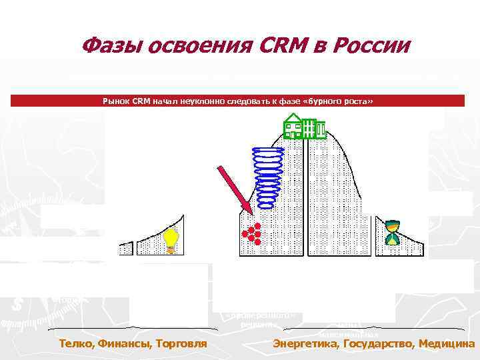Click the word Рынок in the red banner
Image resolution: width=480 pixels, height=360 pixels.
tap(117, 101)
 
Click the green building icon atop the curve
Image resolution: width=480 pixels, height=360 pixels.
tap(304, 126)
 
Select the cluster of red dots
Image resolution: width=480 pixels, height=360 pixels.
tap(250, 232)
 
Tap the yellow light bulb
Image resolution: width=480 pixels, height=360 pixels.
tap(171, 240)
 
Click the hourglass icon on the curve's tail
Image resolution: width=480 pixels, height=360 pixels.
tap(392, 233)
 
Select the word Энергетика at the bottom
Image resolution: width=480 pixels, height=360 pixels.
tap(305, 344)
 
